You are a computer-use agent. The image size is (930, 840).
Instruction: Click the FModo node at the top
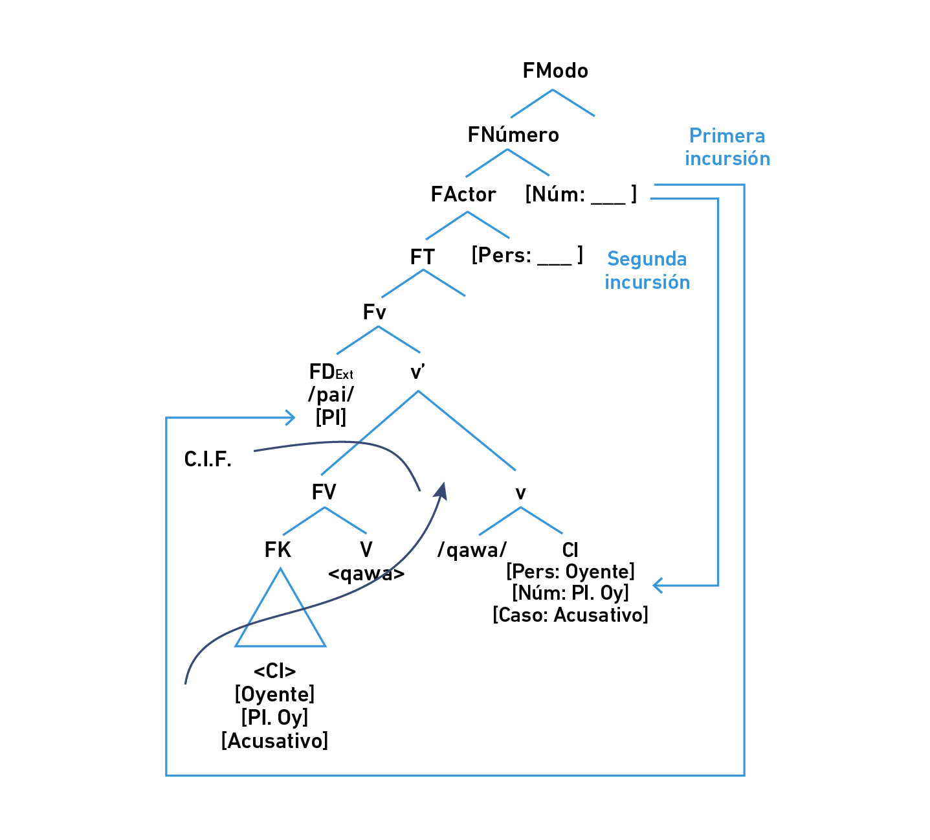click(555, 71)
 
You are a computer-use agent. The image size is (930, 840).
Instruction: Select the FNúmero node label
click(513, 135)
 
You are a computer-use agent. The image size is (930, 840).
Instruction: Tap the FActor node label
click(463, 194)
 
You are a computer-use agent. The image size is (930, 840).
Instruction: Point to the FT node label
click(423, 257)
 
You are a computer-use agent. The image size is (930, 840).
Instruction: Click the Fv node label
click(375, 313)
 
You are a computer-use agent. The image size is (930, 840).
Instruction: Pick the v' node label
click(418, 372)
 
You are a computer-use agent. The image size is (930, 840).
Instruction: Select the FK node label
click(278, 550)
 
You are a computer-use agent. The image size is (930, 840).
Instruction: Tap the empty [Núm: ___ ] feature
click(581, 194)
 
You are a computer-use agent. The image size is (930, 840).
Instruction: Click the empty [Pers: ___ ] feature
click(527, 255)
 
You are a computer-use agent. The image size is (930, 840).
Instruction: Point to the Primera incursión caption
click(727, 147)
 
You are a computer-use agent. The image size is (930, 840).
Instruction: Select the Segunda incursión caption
click(647, 271)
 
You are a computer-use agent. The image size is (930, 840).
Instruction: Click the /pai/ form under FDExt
click(331, 394)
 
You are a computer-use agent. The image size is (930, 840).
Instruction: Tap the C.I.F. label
click(208, 460)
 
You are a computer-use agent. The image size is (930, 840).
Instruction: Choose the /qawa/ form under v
click(472, 551)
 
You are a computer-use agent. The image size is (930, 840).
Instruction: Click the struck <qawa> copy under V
click(366, 574)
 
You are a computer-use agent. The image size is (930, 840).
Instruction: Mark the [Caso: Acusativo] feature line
click(570, 615)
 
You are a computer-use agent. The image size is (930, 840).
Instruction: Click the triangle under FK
click(280, 615)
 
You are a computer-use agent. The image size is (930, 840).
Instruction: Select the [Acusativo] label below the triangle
click(275, 740)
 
